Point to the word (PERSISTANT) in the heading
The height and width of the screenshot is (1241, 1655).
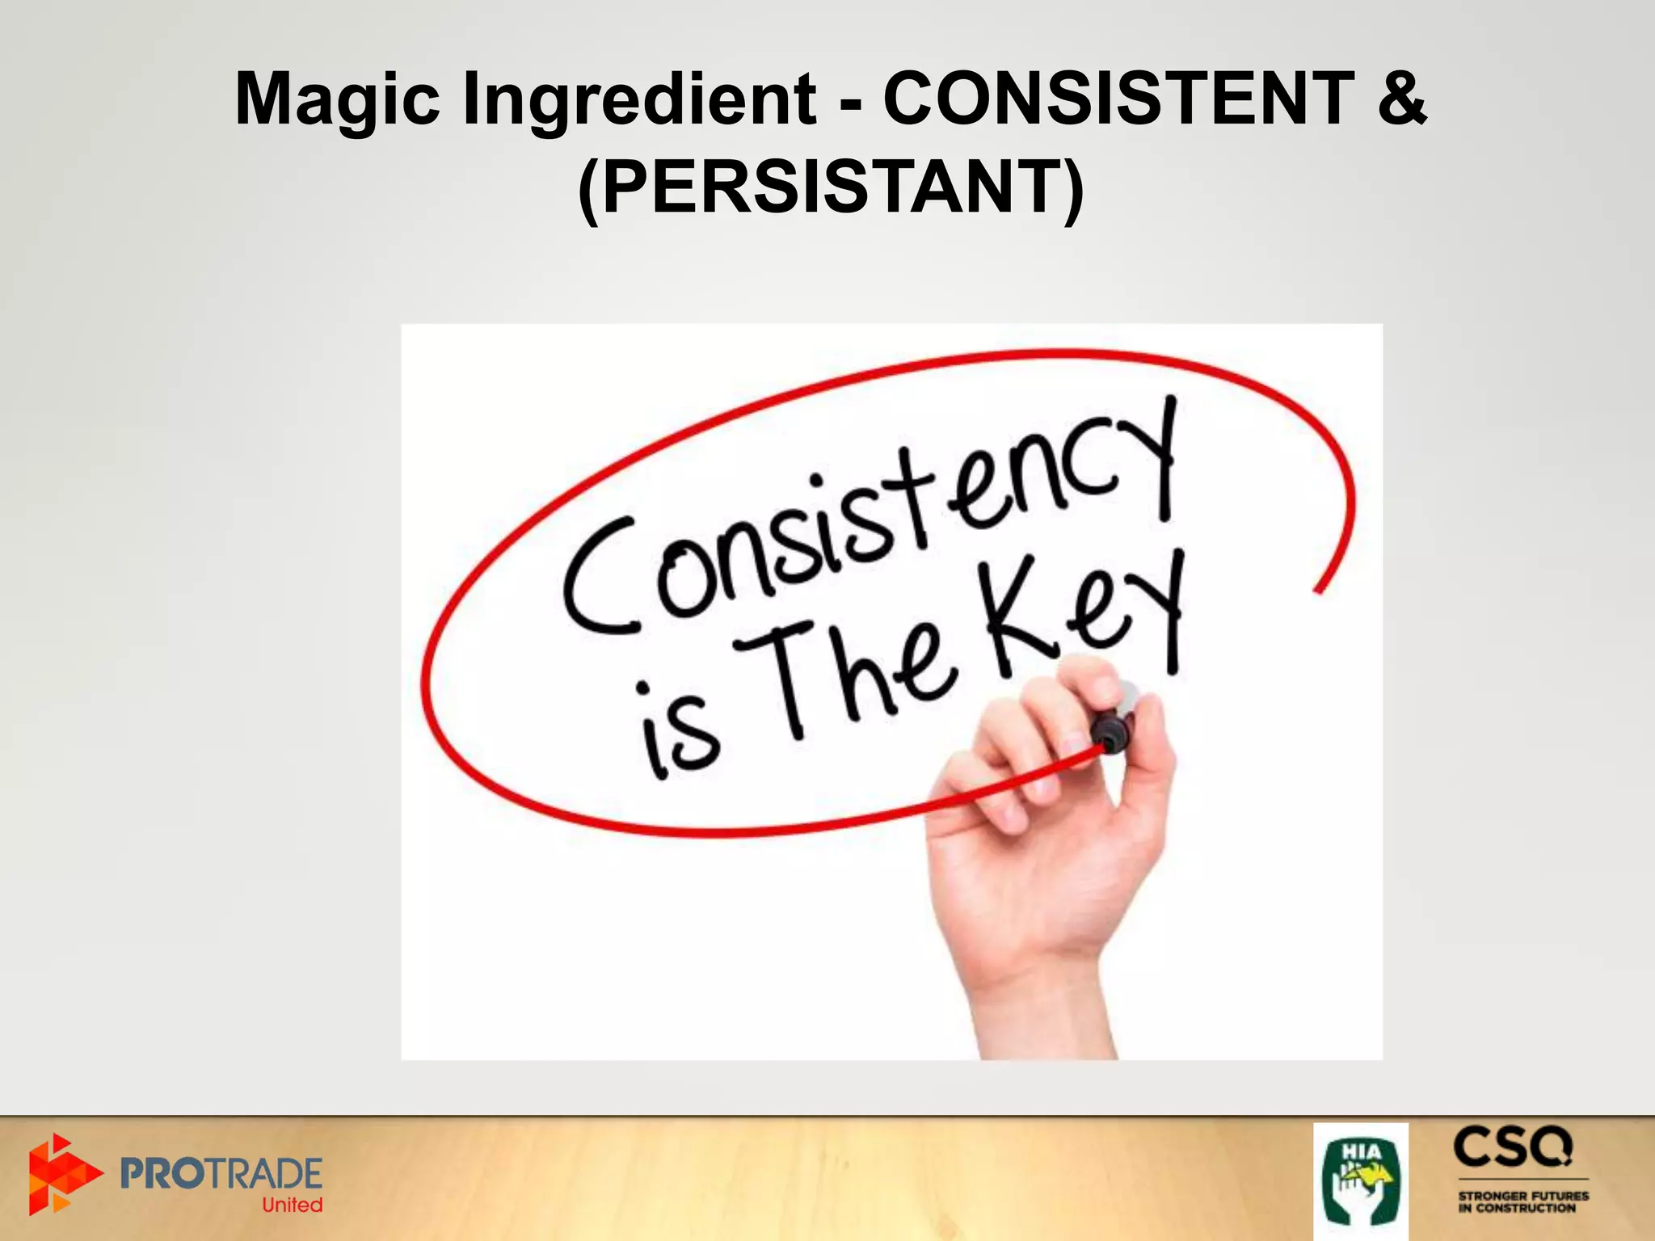[831, 187]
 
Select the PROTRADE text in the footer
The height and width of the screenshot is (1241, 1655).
[221, 1173]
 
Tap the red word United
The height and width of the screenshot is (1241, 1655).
[292, 1205]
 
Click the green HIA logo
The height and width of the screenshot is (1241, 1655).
[1360, 1180]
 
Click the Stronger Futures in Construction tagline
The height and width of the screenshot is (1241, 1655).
[1522, 1201]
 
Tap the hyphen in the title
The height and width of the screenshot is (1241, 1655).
[849, 103]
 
